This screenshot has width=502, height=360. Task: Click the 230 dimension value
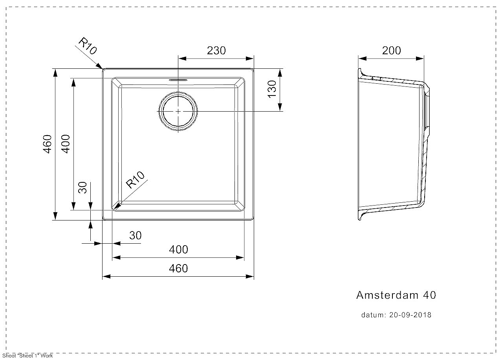click(x=216, y=50)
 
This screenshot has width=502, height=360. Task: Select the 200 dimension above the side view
click(x=391, y=50)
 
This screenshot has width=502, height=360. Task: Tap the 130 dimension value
click(x=272, y=89)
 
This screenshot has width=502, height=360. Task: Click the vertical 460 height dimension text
click(x=47, y=144)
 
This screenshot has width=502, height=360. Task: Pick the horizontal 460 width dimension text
click(x=178, y=268)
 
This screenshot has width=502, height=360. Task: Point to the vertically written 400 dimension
click(x=66, y=144)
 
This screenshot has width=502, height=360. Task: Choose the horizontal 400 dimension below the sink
click(x=178, y=250)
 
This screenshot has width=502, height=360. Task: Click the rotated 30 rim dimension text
click(x=82, y=187)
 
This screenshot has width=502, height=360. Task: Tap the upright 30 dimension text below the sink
click(x=136, y=235)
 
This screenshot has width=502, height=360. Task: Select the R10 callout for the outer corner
click(x=88, y=46)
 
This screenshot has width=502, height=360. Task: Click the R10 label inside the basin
click(x=135, y=180)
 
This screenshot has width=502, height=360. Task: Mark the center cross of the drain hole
click(x=178, y=111)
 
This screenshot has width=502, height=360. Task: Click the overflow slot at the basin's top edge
click(x=178, y=80)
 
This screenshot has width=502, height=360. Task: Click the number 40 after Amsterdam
click(x=429, y=295)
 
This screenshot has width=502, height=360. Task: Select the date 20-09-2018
click(x=410, y=315)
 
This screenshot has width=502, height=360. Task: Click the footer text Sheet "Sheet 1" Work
click(x=27, y=356)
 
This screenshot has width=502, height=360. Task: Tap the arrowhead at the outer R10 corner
click(x=99, y=66)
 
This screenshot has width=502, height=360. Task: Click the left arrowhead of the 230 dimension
click(x=182, y=59)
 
